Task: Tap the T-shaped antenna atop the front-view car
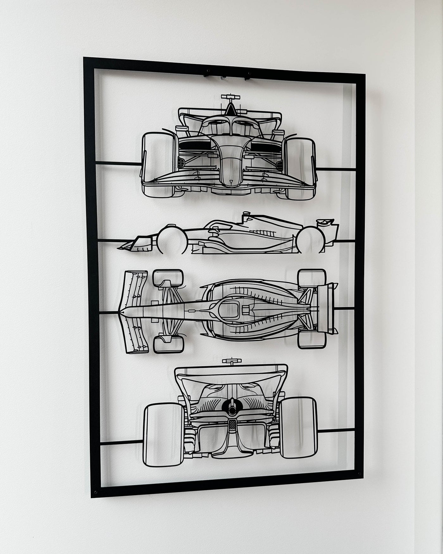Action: [x=230, y=96]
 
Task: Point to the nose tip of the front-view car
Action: [x=230, y=182]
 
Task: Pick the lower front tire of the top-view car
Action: [x=168, y=344]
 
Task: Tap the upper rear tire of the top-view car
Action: [x=312, y=277]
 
